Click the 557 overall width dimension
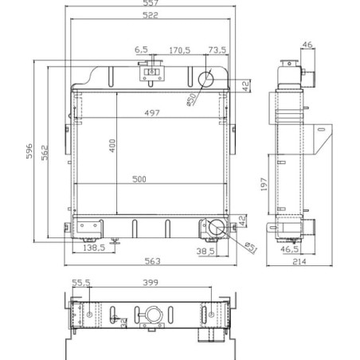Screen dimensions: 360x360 [x=151, y=2]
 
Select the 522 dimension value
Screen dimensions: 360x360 [x=151, y=15]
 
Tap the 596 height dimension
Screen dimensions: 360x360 [x=29, y=151]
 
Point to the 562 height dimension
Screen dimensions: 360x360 [x=45, y=152]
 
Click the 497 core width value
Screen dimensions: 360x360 [x=152, y=113]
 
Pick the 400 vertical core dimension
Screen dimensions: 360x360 [x=112, y=146]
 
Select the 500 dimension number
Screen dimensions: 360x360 [x=139, y=179]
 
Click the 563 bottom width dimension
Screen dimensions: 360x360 [x=153, y=261]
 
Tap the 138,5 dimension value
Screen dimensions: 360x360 [x=94, y=248]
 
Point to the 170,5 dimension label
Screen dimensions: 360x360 [x=180, y=50]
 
